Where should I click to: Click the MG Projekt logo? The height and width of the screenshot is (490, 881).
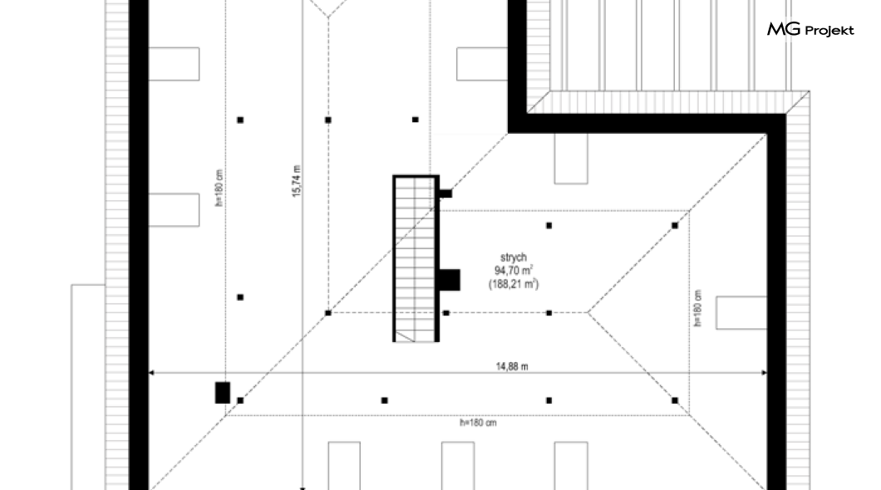(x=810, y=29)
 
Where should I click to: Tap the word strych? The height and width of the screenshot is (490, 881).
(x=514, y=257)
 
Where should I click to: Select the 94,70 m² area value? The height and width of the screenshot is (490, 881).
(x=514, y=271)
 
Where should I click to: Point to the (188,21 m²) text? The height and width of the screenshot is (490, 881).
(x=514, y=284)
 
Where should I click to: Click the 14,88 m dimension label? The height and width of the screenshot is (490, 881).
(x=512, y=366)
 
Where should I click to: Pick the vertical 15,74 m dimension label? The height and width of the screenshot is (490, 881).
(x=297, y=181)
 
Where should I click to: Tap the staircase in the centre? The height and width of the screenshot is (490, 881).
(x=416, y=258)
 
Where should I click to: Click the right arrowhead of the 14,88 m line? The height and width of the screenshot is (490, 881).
(x=764, y=372)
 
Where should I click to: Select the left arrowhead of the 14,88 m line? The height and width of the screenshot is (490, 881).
(x=151, y=372)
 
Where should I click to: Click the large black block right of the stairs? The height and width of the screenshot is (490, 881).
(x=449, y=280)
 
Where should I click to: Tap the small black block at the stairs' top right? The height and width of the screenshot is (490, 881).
(x=445, y=194)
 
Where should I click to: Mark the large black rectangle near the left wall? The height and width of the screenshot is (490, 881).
(x=223, y=393)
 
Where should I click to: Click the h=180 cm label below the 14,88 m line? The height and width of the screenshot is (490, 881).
(x=478, y=423)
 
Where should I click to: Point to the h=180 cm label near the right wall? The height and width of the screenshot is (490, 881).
(x=698, y=308)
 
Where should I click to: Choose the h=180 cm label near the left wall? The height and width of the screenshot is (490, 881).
(x=219, y=188)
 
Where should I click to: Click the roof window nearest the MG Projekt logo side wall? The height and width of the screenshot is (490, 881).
(x=741, y=312)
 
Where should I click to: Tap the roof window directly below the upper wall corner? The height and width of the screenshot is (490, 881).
(x=571, y=159)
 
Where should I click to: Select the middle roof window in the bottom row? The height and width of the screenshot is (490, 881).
(x=458, y=466)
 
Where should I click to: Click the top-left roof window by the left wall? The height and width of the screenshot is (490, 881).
(x=174, y=64)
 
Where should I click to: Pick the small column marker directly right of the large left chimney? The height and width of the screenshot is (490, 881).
(x=240, y=400)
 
